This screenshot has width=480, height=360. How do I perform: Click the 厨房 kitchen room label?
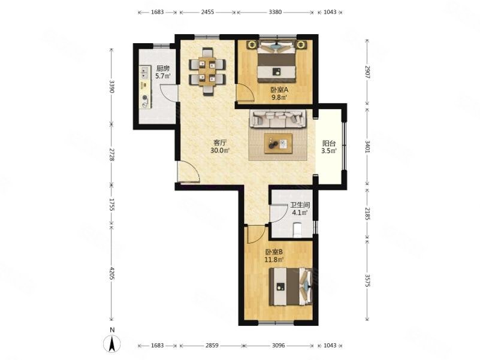[x=163, y=68]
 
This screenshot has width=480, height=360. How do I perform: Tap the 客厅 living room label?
[x=220, y=143]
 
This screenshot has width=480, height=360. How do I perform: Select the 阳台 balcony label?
[x=329, y=143]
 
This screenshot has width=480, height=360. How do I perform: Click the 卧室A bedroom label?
[x=279, y=90]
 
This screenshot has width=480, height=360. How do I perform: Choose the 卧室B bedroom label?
[x=274, y=252]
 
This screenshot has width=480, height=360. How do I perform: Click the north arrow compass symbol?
[x=112, y=343]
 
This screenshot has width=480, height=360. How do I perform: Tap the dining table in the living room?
[x=207, y=72]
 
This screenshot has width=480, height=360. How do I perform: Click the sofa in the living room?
[x=278, y=119]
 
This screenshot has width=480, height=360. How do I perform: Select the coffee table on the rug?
[x=278, y=143]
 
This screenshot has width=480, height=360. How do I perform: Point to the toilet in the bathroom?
[x=297, y=230]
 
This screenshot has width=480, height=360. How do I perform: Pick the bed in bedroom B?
[x=291, y=287]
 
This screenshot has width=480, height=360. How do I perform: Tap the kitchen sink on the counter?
[x=144, y=72]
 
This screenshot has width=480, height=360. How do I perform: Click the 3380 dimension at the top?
[x=275, y=12]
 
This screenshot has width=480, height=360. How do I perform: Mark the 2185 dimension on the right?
[x=368, y=213]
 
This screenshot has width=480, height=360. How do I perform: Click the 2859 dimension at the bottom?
[x=212, y=345]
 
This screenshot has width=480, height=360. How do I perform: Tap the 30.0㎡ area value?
[x=220, y=150]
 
